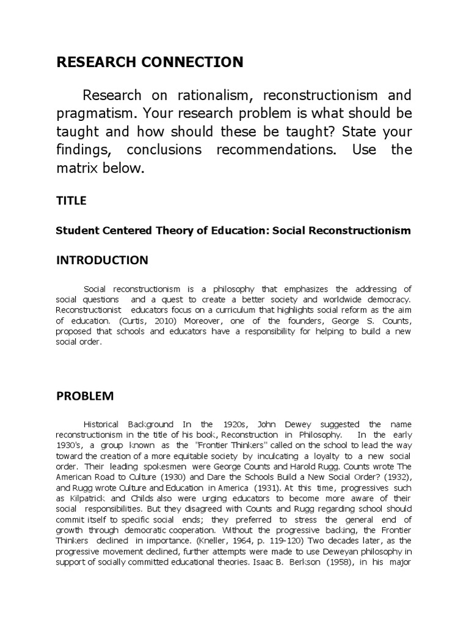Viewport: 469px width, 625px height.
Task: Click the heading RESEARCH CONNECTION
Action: pos(149,62)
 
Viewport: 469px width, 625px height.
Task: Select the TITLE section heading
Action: pos(71,200)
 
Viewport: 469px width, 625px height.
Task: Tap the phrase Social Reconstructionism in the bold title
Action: pos(342,231)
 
